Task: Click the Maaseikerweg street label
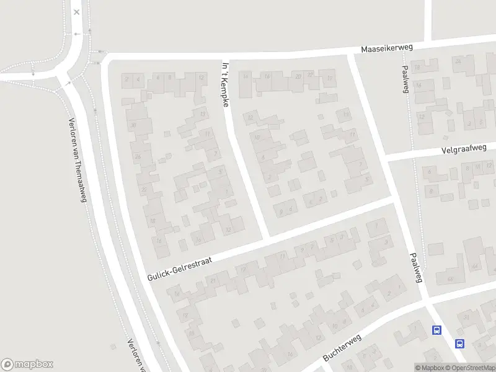[x=387, y=48]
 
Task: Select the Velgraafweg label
[x=469, y=149]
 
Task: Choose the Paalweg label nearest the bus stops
[x=415, y=268]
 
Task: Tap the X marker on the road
[x=76, y=12]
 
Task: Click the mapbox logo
[x=27, y=365]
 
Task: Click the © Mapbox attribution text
[x=430, y=368]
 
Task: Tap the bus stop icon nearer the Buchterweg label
[x=437, y=330]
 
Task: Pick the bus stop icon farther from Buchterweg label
[x=459, y=343]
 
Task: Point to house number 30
[x=133, y=125]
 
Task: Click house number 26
[x=138, y=156]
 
